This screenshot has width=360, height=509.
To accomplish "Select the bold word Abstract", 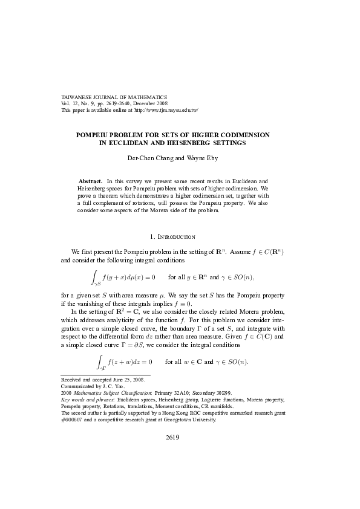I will pyautogui.click(x=91, y=181).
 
